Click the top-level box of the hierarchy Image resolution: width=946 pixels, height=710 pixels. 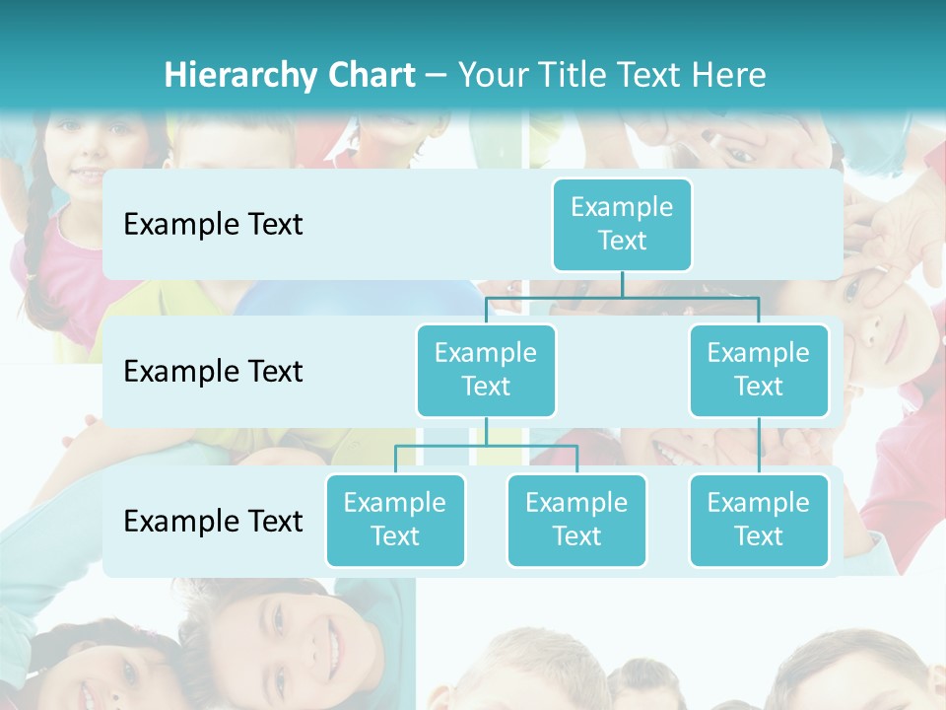tap(622, 224)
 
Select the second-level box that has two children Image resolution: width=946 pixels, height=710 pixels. tap(486, 370)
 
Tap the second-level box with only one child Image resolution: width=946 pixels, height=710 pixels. tap(759, 370)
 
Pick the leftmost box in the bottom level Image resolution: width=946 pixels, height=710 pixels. tap(395, 520)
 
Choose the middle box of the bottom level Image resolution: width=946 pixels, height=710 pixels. tap(576, 520)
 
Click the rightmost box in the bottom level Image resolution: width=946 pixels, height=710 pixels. tap(759, 520)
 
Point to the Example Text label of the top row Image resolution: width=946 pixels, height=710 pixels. tap(213, 224)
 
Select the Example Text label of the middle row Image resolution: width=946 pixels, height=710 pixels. tap(213, 371)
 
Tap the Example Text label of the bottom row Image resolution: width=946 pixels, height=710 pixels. tap(213, 521)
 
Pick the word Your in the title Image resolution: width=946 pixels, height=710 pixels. tap(493, 75)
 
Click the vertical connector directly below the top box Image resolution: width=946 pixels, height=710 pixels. tap(622, 284)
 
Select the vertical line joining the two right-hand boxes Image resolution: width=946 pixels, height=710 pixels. tap(759, 446)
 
